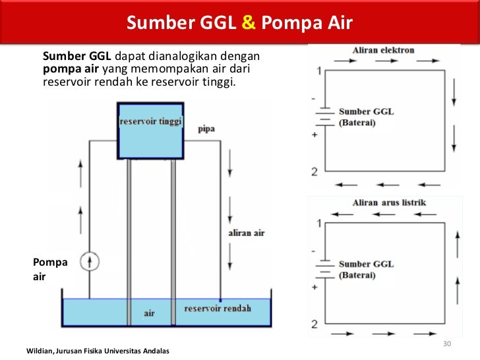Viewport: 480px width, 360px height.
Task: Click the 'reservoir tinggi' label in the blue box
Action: coord(150,123)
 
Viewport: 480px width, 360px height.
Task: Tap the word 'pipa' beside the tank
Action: coord(206,129)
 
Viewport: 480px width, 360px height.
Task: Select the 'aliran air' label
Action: coord(246,233)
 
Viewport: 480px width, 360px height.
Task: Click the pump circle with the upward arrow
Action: coord(90,262)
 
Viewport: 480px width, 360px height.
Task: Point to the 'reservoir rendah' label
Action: coord(218,308)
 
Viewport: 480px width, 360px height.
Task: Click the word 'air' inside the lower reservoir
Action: coord(149,313)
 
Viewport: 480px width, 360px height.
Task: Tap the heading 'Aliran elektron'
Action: coord(383,51)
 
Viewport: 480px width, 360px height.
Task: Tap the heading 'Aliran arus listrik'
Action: coord(389,202)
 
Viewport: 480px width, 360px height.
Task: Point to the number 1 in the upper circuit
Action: coord(320,71)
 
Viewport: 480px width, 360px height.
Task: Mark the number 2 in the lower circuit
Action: coord(315,324)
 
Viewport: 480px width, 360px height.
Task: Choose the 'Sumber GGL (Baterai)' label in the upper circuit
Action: coord(366,117)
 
